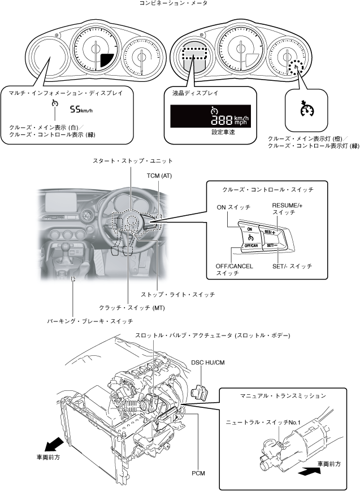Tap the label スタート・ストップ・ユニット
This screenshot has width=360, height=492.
coord(133,161)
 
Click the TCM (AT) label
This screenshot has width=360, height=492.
coord(159,176)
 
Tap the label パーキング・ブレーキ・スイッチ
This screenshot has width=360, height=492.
coord(90,321)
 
